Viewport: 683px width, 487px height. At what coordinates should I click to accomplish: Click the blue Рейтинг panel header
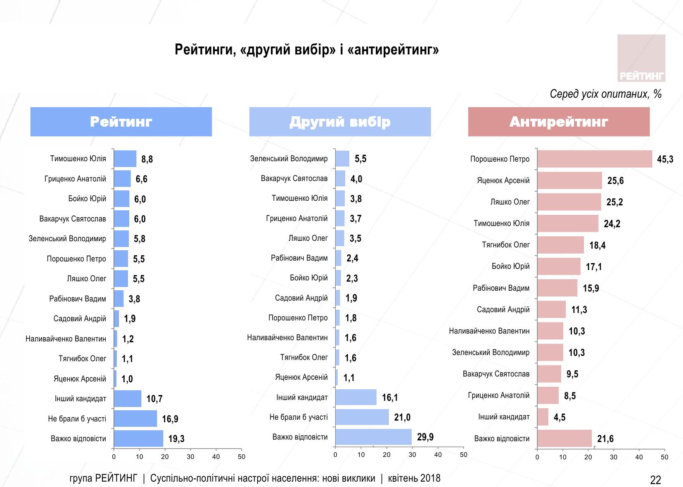point(121,122)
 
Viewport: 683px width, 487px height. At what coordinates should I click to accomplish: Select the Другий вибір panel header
point(340,122)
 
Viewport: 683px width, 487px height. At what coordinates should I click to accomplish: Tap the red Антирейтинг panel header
point(559,122)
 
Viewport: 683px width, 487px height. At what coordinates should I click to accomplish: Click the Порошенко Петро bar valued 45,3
point(595,159)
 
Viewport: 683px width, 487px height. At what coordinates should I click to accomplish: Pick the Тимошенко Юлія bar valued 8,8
point(125,159)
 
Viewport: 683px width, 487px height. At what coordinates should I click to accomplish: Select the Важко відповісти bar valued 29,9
point(373,437)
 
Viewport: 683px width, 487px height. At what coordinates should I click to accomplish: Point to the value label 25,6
point(615,181)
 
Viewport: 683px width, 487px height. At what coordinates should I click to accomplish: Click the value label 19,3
point(176,439)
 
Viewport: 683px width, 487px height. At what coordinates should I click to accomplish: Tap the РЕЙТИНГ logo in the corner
point(641,58)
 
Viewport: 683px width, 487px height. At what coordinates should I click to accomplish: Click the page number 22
point(655,480)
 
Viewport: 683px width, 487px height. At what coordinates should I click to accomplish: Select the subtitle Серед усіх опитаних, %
point(605,94)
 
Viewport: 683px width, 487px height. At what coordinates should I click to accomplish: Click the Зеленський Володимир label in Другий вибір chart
point(289,159)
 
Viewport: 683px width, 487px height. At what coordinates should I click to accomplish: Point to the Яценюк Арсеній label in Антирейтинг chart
point(503,181)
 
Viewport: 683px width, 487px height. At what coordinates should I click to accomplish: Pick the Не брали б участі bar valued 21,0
point(362,417)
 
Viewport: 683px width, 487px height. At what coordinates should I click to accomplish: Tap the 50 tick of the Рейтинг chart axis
point(242,456)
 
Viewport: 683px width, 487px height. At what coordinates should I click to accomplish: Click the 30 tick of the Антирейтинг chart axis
point(614,457)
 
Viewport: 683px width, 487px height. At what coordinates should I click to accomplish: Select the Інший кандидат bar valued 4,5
point(543,417)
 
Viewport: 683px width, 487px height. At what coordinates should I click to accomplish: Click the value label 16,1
point(390,398)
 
